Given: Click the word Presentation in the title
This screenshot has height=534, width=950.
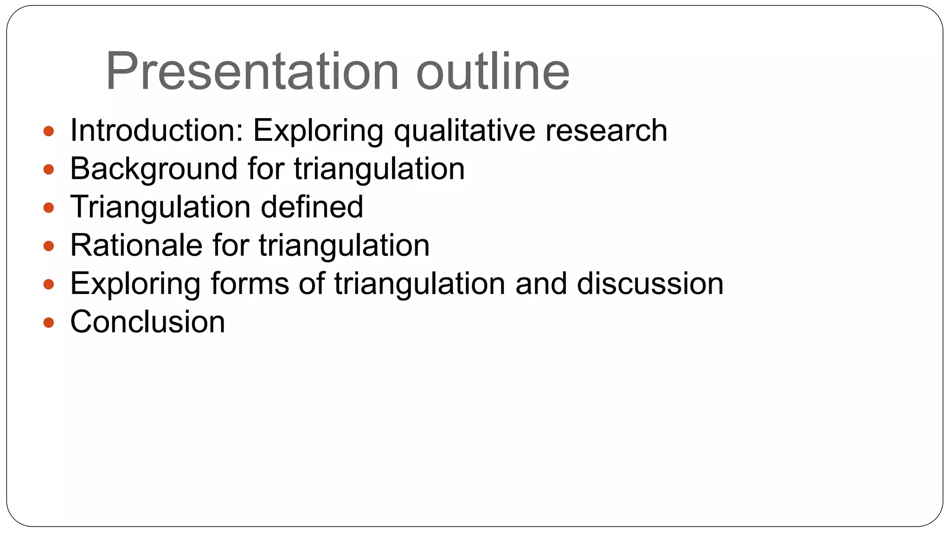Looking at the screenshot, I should pos(252,72).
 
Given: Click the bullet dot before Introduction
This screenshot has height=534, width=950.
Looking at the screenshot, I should pos(49,131).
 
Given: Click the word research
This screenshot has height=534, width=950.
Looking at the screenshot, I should pos(606,130).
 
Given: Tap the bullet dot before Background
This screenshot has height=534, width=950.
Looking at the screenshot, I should pos(49,170).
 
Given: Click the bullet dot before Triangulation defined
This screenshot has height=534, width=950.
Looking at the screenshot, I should pos(49,208).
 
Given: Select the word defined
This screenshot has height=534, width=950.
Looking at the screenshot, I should pos(312,207).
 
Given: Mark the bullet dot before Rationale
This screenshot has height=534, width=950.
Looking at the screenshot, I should pos(49,246).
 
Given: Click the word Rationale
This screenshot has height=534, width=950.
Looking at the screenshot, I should pos(136,245).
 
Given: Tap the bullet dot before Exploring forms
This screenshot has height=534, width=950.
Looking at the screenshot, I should pos(49,285).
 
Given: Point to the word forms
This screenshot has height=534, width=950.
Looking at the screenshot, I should pos(250,283).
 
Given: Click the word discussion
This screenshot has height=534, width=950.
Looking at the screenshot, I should pos(650,283).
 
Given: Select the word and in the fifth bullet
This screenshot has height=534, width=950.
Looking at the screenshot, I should pos(541,283).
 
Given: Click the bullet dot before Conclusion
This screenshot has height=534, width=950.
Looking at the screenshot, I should pos(49,323).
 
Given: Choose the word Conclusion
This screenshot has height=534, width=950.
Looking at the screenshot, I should pos(148,322).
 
